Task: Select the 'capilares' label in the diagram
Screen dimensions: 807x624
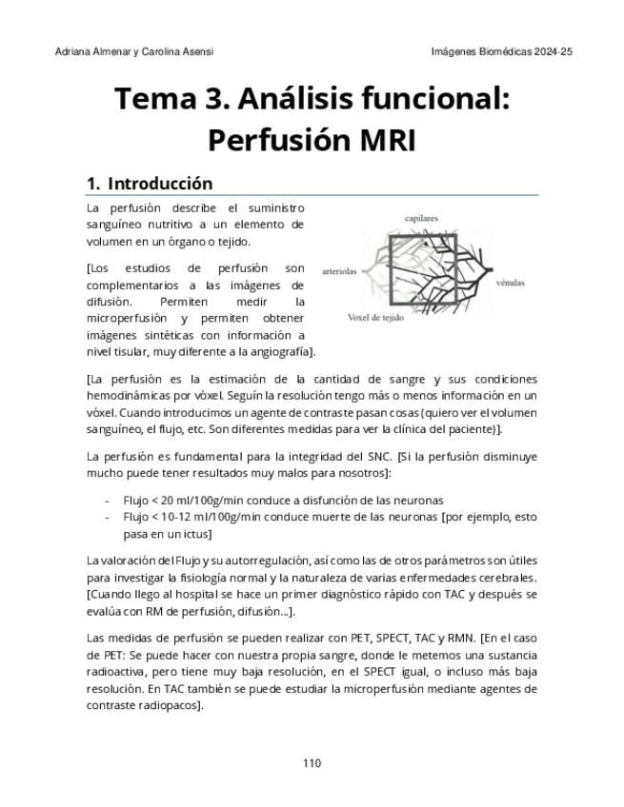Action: [x=421, y=219]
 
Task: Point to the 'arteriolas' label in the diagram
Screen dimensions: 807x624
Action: [x=340, y=270]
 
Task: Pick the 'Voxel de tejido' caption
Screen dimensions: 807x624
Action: [x=374, y=317]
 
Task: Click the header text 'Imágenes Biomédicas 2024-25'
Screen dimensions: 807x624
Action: [x=501, y=50]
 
